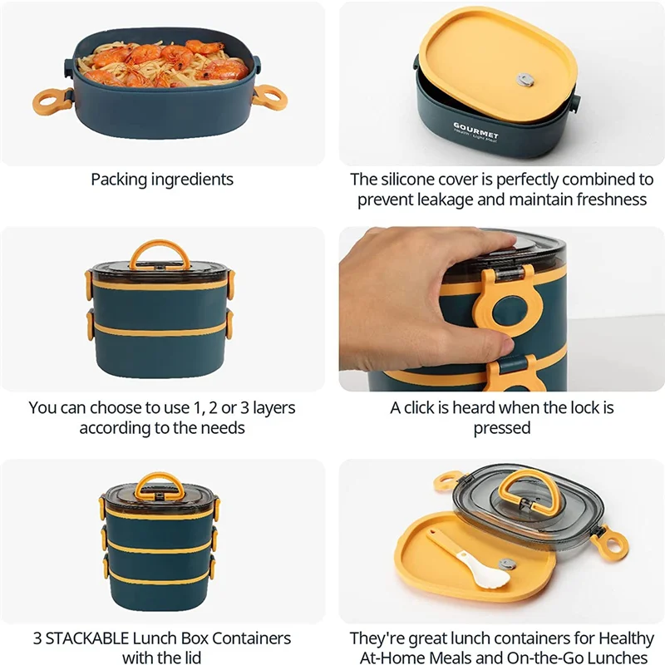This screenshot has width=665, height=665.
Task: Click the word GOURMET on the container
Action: point(475,131)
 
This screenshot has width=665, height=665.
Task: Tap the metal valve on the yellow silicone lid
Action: point(525,79)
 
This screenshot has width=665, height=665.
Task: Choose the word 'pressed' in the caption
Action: point(502,428)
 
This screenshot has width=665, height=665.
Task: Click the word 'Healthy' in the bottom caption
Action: point(626,638)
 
